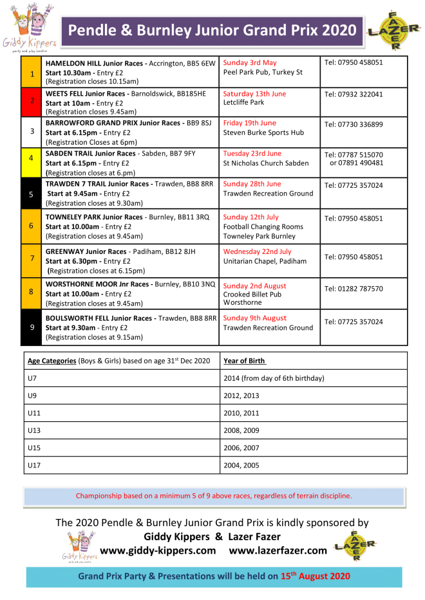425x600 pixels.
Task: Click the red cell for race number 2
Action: pyautogui.click(x=32, y=101)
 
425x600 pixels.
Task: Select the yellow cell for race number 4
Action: pyautogui.click(x=32, y=158)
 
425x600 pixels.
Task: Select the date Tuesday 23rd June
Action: pyautogui.click(x=252, y=154)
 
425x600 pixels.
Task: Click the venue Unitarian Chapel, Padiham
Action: pyautogui.click(x=265, y=261)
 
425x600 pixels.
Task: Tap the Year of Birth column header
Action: pyautogui.click(x=245, y=361)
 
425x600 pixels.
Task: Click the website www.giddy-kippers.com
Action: pyautogui.click(x=158, y=550)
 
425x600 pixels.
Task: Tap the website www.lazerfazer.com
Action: pyautogui.click(x=278, y=550)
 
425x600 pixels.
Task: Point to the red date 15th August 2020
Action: pyautogui.click(x=316, y=576)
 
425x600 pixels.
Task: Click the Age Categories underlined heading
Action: pyautogui.click(x=52, y=361)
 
